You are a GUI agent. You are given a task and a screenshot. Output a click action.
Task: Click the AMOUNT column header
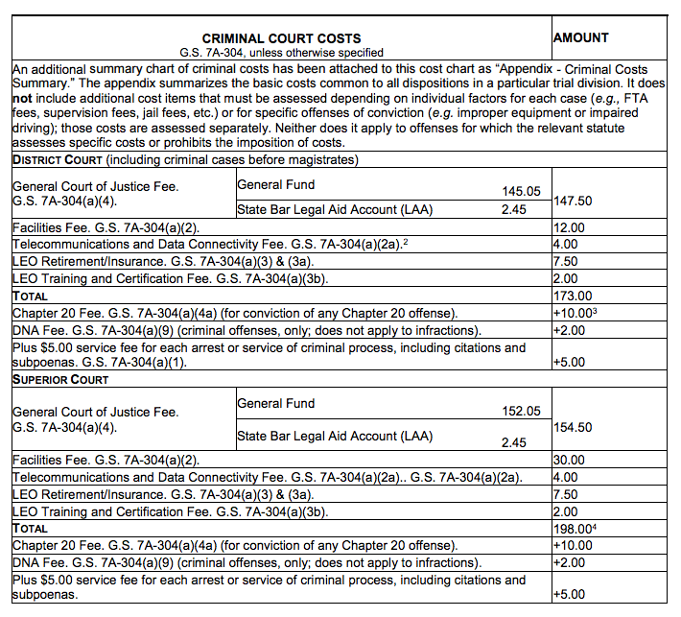click(x=581, y=37)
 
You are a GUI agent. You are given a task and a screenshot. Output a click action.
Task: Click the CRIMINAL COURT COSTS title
click(x=281, y=37)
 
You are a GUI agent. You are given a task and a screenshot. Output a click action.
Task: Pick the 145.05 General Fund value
click(x=522, y=192)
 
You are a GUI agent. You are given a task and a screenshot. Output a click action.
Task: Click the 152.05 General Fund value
click(x=522, y=412)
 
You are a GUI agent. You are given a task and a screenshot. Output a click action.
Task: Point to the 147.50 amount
click(x=575, y=201)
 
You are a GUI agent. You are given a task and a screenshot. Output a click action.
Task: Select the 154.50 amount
click(x=575, y=427)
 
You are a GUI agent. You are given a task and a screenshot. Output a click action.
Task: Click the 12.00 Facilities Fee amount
click(x=570, y=227)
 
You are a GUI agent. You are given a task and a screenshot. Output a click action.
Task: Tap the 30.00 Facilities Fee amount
click(x=570, y=461)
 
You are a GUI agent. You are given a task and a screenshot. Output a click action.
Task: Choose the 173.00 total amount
click(x=574, y=297)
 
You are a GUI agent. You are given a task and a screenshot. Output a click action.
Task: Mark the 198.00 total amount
click(x=574, y=529)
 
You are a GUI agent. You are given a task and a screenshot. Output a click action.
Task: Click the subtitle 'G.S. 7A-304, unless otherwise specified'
click(x=281, y=52)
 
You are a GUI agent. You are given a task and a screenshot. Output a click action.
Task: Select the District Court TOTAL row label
click(x=30, y=297)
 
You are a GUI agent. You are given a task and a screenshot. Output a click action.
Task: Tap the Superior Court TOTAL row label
click(x=30, y=529)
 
